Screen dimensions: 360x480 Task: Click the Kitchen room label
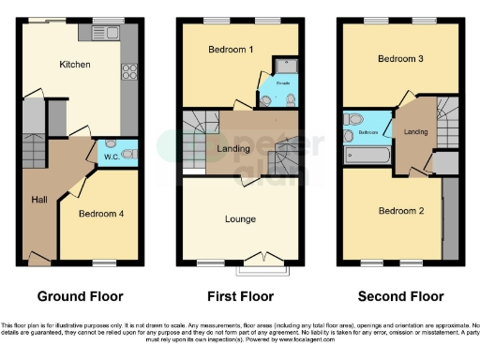pyautogui.click(x=75, y=64)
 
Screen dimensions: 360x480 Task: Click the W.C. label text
pyautogui.click(x=109, y=155)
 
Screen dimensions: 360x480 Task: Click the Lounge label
pyautogui.click(x=241, y=219)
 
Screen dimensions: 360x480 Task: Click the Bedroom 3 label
pyautogui.click(x=401, y=58)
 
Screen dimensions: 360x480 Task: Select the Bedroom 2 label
pyautogui.click(x=400, y=211)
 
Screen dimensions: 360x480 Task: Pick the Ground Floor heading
pyautogui.click(x=79, y=296)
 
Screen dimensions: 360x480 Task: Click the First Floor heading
pyautogui.click(x=240, y=296)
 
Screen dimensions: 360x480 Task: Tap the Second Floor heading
pyautogui.click(x=401, y=296)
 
